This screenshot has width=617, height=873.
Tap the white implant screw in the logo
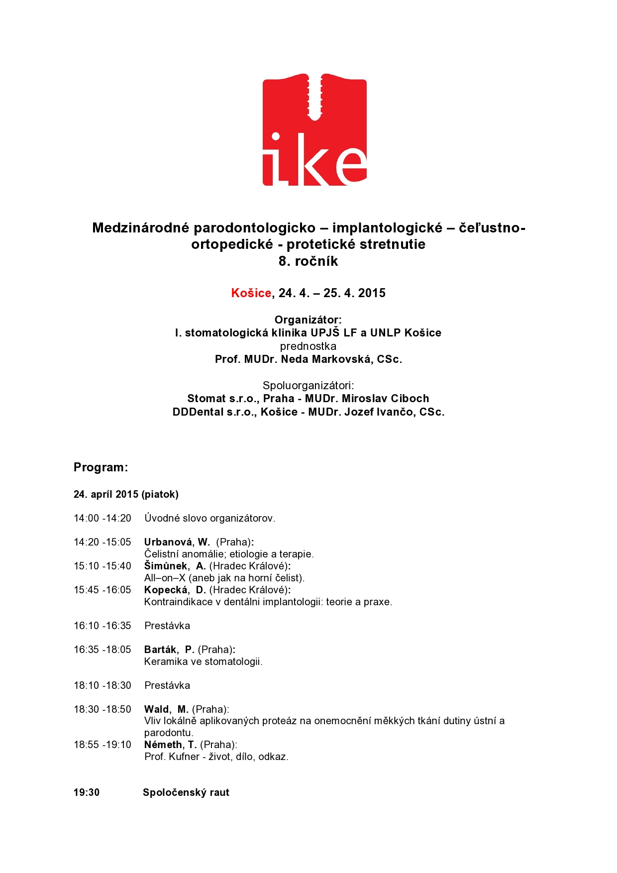coord(314,97)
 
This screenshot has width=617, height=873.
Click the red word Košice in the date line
coord(251,293)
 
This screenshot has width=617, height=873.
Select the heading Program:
coord(101,467)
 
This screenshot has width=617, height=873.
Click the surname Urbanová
coord(168,542)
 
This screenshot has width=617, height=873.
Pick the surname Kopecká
coord(166,590)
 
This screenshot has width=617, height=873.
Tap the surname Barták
coord(160,650)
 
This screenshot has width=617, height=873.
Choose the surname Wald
coord(156,709)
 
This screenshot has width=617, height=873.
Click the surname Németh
coord(163,745)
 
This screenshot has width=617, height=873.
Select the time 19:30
coord(87,792)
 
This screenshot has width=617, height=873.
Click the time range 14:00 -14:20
coord(103,518)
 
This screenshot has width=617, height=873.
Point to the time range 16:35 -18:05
coord(103,650)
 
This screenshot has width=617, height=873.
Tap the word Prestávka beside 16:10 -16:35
coord(167,626)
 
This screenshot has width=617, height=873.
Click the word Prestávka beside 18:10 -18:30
coord(167,685)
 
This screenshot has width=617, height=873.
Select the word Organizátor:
coord(308,320)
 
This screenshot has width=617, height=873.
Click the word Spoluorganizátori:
coord(308,385)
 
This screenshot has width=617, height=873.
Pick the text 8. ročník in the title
coord(308,261)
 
